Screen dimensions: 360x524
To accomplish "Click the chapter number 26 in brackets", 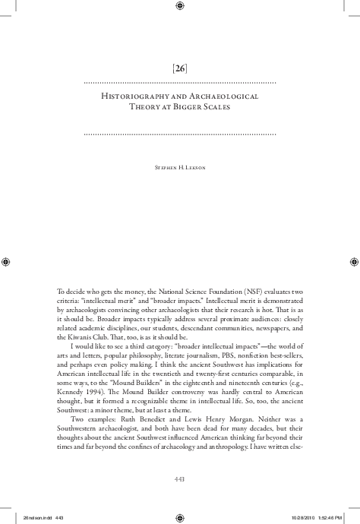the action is (180, 68).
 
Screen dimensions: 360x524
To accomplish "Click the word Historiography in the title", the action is (137, 97).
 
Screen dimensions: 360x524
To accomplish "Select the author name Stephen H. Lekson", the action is (180, 163).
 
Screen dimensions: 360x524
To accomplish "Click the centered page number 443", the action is (180, 479).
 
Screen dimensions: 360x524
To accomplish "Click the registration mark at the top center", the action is (180, 7).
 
